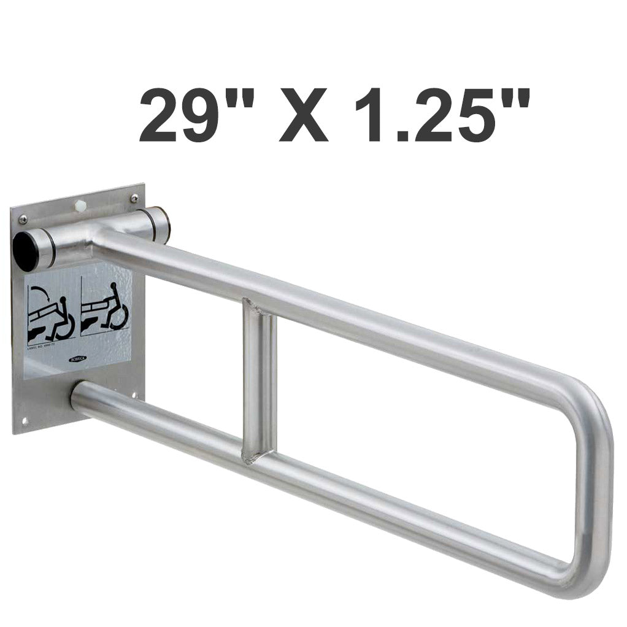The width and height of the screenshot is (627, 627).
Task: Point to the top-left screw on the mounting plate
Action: [23, 220]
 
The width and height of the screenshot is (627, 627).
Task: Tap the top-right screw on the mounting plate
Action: [134, 198]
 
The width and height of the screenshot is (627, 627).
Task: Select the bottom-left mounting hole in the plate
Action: [25, 421]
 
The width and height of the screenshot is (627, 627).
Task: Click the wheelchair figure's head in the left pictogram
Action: [63, 301]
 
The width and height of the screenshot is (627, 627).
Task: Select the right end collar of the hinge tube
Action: [161, 224]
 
